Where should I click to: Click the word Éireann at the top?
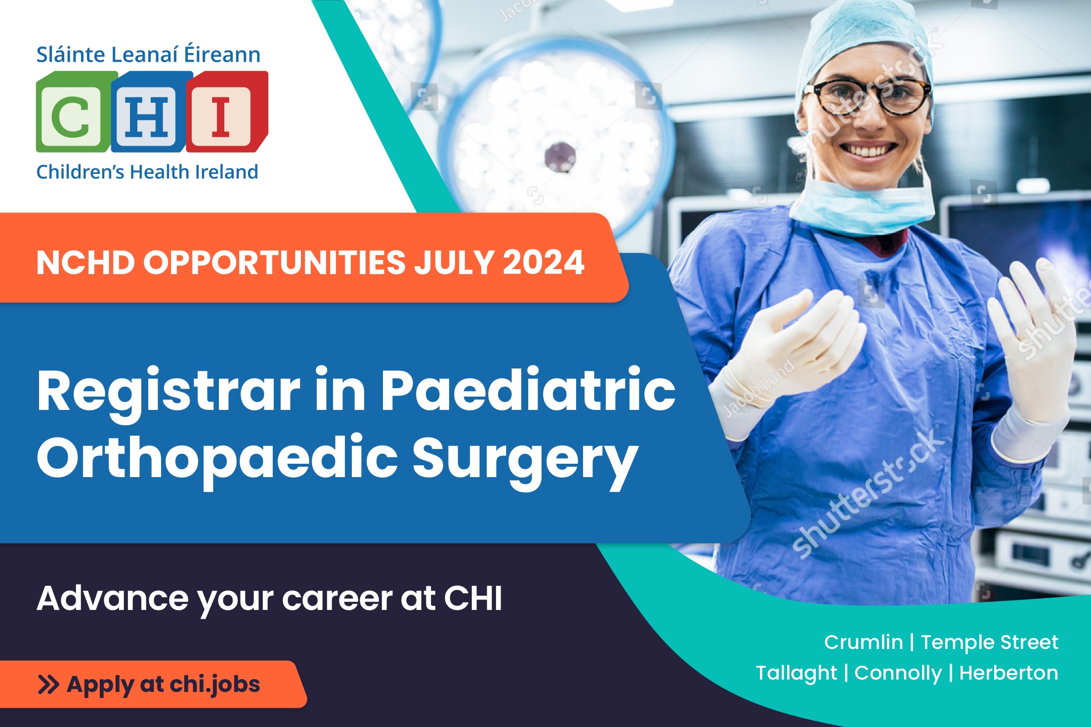click(222, 53)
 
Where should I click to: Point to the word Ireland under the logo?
click(227, 172)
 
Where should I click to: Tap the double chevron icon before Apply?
click(48, 685)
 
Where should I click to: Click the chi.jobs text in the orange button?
click(215, 685)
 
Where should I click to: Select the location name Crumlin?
click(864, 642)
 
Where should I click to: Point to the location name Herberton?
click(1009, 673)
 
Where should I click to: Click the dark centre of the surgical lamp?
click(560, 157)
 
